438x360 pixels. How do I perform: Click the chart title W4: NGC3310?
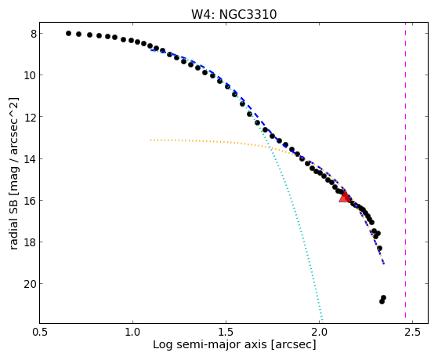[x=233, y=14]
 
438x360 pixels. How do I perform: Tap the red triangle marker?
[x=345, y=196]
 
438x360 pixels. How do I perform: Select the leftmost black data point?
[x=68, y=33]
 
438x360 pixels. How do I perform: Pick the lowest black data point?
[x=382, y=301]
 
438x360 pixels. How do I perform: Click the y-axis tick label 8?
[x=34, y=35]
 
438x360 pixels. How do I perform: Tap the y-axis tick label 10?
[x=31, y=75]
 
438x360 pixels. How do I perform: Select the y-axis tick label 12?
[x=31, y=117]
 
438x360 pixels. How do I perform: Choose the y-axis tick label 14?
[x=31, y=159]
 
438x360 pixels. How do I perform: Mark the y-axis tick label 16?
[x=31, y=201]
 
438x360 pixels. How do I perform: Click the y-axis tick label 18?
[x=31, y=242]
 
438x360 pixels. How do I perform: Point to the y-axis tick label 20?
[x=31, y=284]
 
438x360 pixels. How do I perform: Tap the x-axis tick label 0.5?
[x=40, y=332]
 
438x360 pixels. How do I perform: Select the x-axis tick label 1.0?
[x=132, y=332]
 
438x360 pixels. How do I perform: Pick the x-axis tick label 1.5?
[x=226, y=332]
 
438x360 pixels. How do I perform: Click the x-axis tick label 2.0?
[x=319, y=332]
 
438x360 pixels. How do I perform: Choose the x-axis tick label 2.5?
[x=412, y=332]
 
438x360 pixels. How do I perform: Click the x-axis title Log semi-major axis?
[x=210, y=344]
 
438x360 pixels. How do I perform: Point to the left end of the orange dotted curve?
[x=150, y=140]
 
